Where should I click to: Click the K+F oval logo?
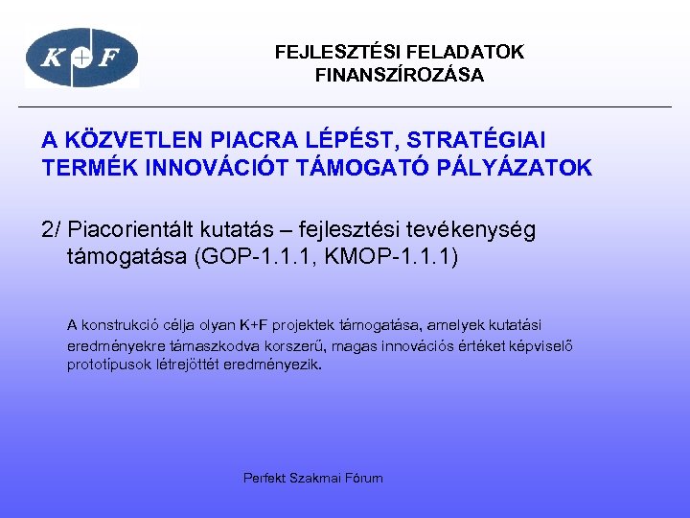pyautogui.click(x=81, y=58)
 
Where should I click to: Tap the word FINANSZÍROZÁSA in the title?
pyautogui.click(x=400, y=75)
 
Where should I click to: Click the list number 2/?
pyautogui.click(x=53, y=230)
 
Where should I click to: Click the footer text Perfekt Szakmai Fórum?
pyautogui.click(x=313, y=478)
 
